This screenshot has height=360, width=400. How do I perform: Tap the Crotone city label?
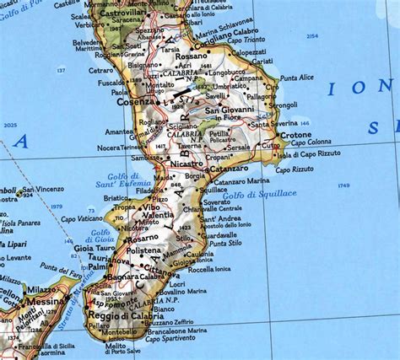coord(297,134)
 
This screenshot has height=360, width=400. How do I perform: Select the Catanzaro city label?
coord(231,168)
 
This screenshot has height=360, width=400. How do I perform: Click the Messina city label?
coord(48,300)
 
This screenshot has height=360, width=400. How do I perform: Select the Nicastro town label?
coord(186,163)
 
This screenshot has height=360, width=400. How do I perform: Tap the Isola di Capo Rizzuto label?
coord(307,155)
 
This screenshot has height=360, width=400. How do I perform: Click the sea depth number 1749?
coord(343,185)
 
